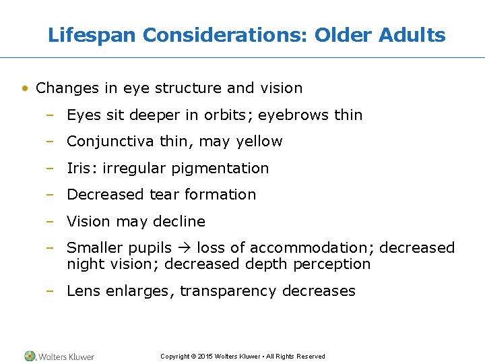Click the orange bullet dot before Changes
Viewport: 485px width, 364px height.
(x=25, y=88)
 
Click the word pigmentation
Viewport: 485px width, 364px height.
(x=220, y=169)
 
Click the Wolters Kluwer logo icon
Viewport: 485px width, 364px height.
(x=30, y=356)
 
